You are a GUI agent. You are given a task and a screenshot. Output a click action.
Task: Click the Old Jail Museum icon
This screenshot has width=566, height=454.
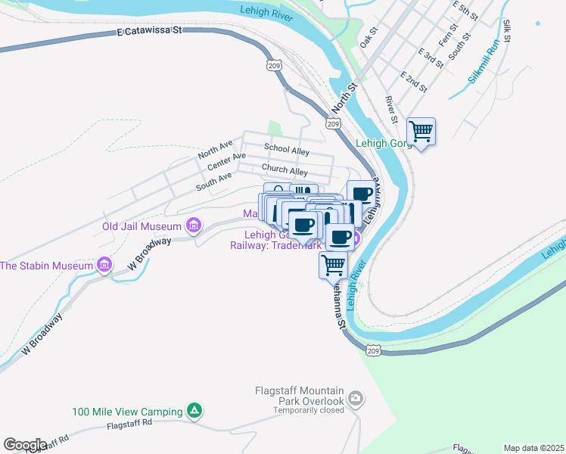click(194, 225)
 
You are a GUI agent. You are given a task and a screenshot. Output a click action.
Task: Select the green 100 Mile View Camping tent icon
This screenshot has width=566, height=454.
click(194, 411)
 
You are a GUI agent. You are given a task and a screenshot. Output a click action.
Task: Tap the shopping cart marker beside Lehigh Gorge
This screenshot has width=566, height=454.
click(421, 132)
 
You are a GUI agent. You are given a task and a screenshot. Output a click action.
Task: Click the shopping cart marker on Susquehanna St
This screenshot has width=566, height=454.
click(333, 266)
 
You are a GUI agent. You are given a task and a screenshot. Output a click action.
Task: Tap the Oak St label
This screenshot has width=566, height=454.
click(369, 39)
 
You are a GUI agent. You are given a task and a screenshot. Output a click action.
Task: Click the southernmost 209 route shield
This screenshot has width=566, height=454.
click(372, 350)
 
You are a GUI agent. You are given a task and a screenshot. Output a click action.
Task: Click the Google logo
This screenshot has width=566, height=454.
click(24, 444)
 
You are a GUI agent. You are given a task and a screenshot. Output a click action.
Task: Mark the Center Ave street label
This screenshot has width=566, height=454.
click(226, 161)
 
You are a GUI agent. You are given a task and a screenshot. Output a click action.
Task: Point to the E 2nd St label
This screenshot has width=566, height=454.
click(414, 82)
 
